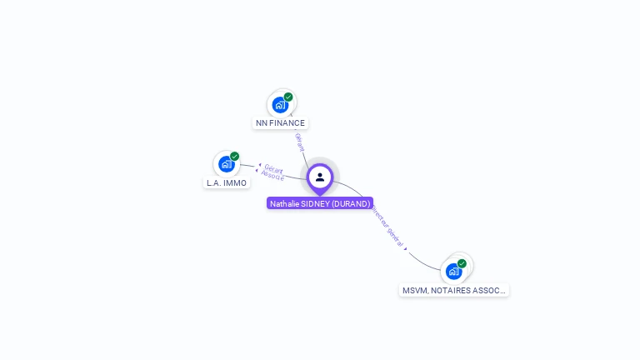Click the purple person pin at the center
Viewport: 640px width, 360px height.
(x=320, y=177)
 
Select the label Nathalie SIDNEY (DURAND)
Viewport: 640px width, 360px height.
(x=320, y=203)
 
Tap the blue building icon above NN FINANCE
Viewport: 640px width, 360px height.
(x=280, y=105)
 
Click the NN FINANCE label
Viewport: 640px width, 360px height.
(x=280, y=122)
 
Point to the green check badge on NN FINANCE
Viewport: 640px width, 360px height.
(x=288, y=97)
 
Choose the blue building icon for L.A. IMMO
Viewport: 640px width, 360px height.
(x=226, y=164)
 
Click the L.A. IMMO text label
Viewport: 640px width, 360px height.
(x=227, y=182)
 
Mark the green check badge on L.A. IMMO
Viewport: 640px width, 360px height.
(x=235, y=156)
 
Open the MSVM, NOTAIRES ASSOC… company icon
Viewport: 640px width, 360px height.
(x=454, y=271)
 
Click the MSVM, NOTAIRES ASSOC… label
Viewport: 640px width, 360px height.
(x=454, y=291)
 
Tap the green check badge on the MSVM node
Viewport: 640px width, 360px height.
(x=462, y=263)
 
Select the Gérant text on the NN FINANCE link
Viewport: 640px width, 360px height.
(x=300, y=142)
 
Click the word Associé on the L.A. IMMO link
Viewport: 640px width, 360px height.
(x=272, y=176)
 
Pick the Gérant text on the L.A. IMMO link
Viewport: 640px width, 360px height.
(x=274, y=169)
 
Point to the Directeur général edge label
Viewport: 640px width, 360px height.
(x=388, y=225)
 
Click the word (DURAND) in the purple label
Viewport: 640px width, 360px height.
(x=351, y=203)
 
